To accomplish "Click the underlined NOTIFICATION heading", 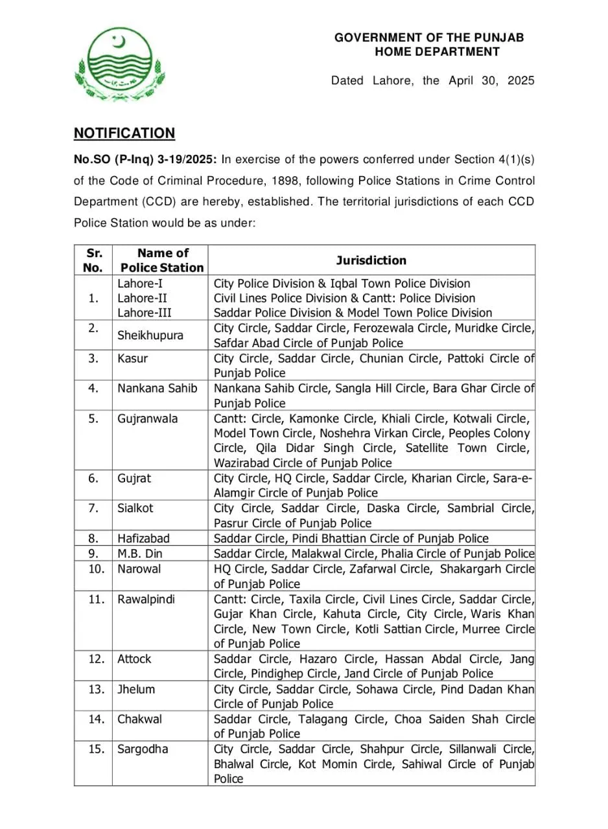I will pyautogui.click(x=124, y=133).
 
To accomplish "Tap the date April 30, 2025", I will pyautogui.click(x=491, y=81).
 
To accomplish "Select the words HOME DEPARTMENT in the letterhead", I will pyautogui.click(x=437, y=52).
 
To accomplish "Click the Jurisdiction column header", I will pyautogui.click(x=371, y=260).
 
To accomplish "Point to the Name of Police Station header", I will pyautogui.click(x=162, y=260).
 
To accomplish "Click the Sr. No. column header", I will pyautogui.click(x=95, y=260).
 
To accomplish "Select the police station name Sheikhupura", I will pyautogui.click(x=150, y=335).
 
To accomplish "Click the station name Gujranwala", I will pyautogui.click(x=147, y=418).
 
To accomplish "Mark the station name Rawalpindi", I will pyautogui.click(x=146, y=599).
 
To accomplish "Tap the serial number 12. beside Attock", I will pyautogui.click(x=97, y=659).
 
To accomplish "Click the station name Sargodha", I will pyautogui.click(x=143, y=749).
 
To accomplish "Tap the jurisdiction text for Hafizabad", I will pyautogui.click(x=351, y=538).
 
